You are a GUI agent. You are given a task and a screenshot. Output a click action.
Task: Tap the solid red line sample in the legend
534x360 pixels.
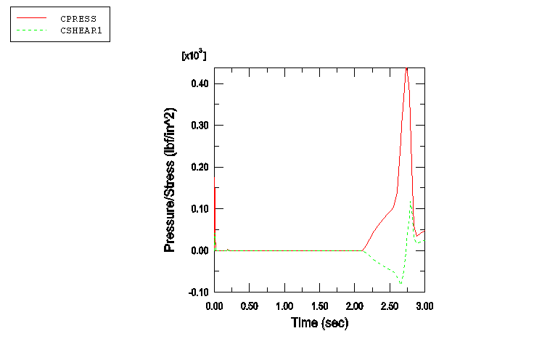coord(30,16)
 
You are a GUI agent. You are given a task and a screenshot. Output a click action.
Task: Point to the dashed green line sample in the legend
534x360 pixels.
coord(30,30)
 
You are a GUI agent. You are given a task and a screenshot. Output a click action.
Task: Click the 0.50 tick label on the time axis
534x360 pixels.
coord(249,306)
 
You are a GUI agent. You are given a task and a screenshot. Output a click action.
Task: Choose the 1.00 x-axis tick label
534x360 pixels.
coord(284,306)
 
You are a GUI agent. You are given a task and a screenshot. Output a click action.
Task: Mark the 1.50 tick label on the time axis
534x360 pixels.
coord(319,306)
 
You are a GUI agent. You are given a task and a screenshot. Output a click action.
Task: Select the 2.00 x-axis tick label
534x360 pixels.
coord(355,306)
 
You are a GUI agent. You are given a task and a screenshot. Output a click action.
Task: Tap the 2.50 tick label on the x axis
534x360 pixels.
coord(390,306)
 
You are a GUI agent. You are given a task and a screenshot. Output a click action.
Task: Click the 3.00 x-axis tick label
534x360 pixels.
coord(424,306)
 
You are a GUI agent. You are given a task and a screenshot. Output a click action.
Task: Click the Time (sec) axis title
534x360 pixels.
coord(319,323)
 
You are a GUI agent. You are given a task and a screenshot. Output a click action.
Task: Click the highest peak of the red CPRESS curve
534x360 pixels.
coord(406,68)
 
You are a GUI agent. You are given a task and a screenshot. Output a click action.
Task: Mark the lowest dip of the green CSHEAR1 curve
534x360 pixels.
coord(400,283)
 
